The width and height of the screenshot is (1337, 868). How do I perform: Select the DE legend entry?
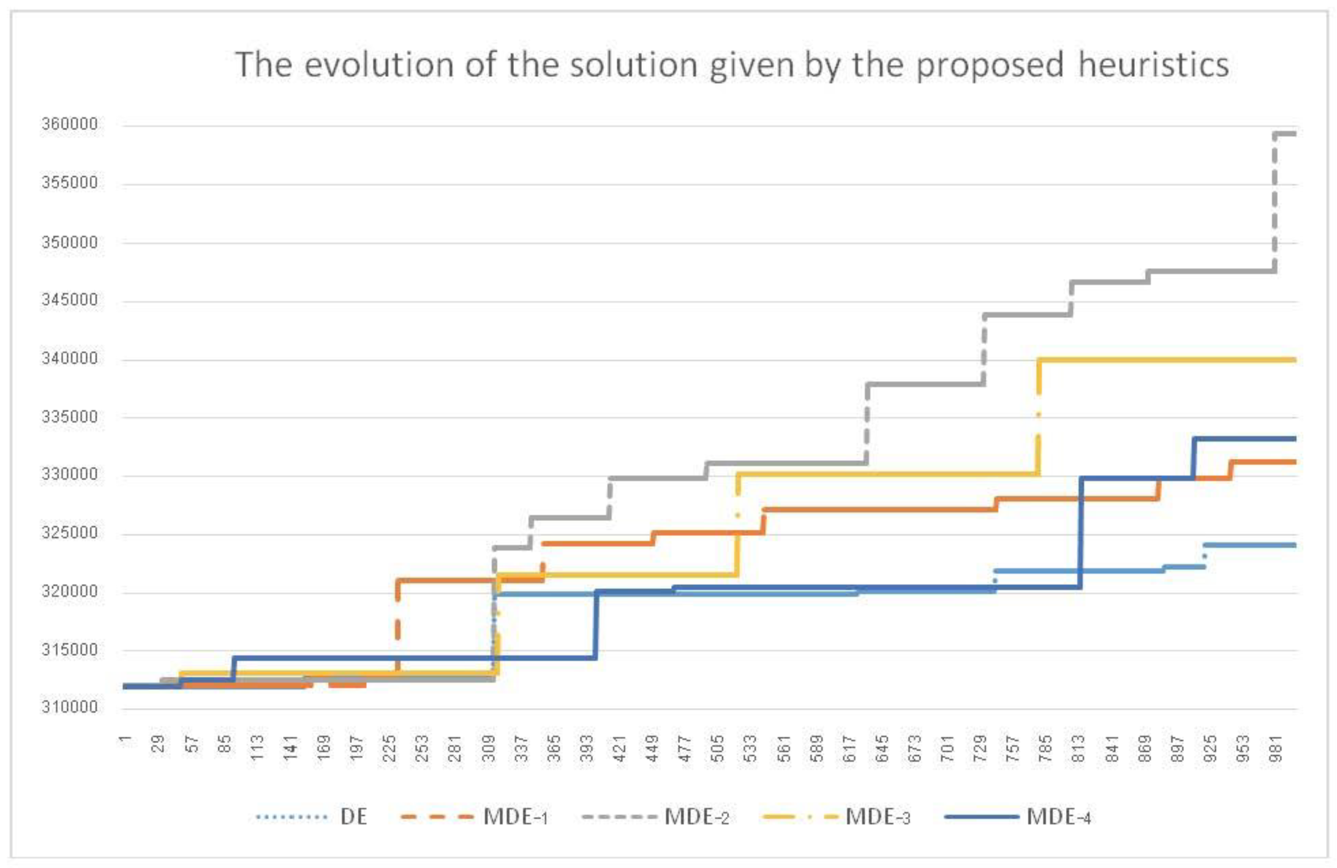pos(353,816)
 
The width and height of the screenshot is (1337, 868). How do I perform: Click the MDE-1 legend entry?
pos(515,816)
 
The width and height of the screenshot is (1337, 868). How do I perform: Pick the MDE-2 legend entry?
pos(696,816)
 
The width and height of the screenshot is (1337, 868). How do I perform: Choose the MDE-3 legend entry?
pos(877,816)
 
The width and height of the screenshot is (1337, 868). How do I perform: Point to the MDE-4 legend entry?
pos(1058,816)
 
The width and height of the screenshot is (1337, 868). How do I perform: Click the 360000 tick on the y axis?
pos(70,124)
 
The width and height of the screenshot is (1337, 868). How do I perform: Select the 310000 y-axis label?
pos(70,707)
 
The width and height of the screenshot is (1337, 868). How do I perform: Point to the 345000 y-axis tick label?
pos(70,300)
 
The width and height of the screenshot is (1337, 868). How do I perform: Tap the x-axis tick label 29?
pos(160,744)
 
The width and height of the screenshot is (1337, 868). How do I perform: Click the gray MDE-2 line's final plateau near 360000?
pos(1285,134)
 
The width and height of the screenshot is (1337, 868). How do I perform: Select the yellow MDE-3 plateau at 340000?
pos(1168,360)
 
